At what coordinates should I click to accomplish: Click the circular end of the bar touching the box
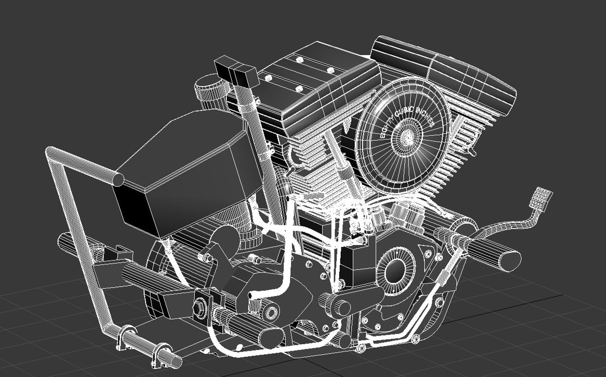coord(118,179)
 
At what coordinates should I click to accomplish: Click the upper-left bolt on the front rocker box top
coord(299,60)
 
